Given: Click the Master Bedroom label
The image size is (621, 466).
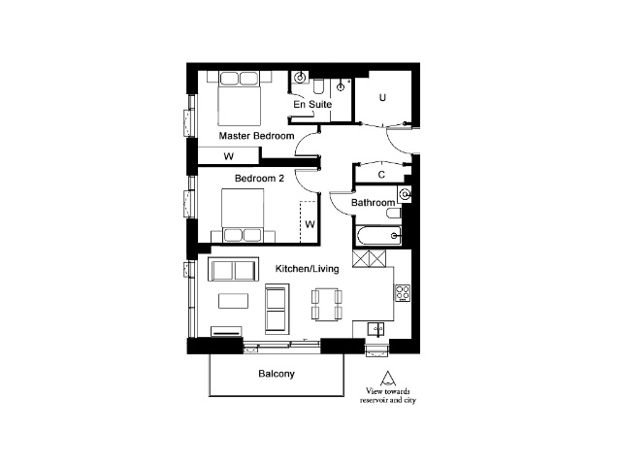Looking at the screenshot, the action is pos(256,136).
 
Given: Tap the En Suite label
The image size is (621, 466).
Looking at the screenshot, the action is pos(312,104).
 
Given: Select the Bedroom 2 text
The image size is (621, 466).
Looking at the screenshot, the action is pos(259,179).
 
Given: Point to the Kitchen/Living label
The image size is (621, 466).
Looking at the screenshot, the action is pos(307,269).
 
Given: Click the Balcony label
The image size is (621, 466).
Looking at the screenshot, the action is pos(277,374).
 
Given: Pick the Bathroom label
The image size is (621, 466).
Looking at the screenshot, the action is pos(373,203).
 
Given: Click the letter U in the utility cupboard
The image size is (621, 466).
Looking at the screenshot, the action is pos(382,97).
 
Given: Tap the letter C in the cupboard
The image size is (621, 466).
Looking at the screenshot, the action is pos(381,175).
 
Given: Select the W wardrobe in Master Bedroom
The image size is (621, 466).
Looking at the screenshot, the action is pos(229,155).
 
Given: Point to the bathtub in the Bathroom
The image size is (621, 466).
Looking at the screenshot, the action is pos(379,236).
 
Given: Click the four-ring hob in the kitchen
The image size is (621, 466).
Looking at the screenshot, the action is pos(403,293).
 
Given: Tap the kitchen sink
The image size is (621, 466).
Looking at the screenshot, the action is pos(376,329).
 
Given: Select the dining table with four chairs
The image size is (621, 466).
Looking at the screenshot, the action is pos(327,304).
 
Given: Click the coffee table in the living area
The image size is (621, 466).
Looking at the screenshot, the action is pos(233,301).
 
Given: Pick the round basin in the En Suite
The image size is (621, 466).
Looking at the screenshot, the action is pos(301,78).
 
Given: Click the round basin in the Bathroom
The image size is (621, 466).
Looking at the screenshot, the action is pos(406,194).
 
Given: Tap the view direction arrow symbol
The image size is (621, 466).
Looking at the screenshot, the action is pos(388,379).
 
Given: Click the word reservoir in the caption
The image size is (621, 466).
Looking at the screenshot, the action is pos(374,401).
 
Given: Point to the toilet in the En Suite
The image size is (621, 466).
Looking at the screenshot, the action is pos(318,86).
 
